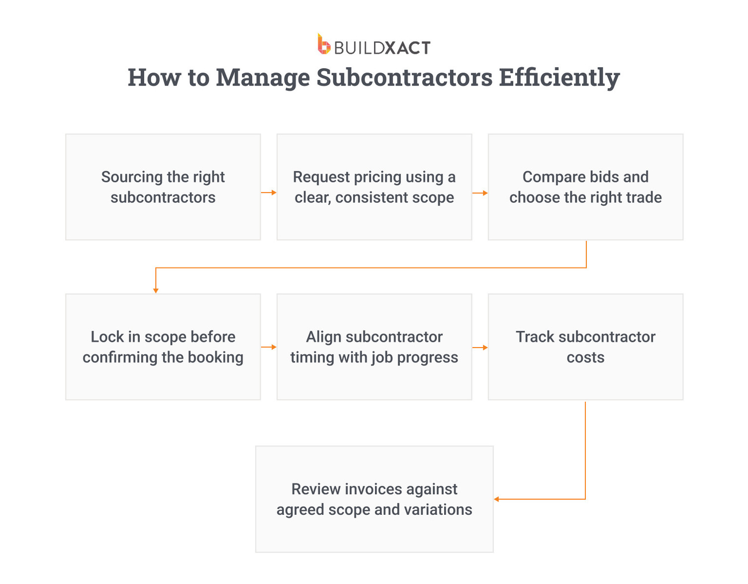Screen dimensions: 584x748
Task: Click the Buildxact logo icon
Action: click(x=324, y=44)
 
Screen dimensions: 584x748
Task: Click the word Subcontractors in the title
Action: click(x=404, y=78)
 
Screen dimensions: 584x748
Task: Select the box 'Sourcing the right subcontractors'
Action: click(x=163, y=187)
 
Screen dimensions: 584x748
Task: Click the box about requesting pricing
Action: click(x=374, y=187)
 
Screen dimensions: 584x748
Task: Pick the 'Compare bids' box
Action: click(x=585, y=187)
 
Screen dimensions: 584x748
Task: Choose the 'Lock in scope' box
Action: click(x=163, y=347)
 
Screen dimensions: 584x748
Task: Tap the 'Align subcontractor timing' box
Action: click(x=374, y=347)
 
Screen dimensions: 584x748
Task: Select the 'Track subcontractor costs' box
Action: click(x=585, y=347)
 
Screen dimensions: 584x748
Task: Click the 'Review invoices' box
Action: click(x=374, y=499)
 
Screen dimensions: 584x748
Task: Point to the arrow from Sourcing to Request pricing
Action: click(x=269, y=193)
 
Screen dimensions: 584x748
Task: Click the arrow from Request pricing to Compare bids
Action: click(x=480, y=193)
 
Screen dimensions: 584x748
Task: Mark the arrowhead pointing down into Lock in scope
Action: click(x=156, y=290)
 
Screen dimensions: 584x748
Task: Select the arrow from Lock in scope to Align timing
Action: click(x=269, y=347)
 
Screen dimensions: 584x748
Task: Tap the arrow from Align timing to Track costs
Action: click(x=480, y=347)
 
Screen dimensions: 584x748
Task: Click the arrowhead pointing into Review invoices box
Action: click(x=497, y=499)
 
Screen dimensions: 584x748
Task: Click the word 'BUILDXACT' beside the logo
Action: click(x=382, y=48)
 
